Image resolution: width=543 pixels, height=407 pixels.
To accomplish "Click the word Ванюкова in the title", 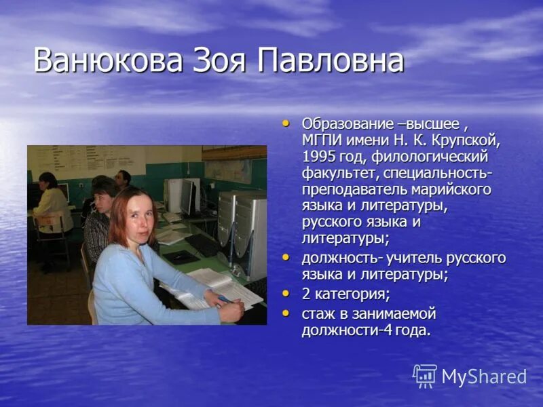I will [107, 61].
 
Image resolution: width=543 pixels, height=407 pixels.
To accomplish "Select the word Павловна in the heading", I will [331, 61].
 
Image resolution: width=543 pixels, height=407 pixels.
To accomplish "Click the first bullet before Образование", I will [285, 123].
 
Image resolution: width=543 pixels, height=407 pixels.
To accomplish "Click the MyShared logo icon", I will [425, 376].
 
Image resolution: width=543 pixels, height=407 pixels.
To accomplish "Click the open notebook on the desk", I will [210, 285].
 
